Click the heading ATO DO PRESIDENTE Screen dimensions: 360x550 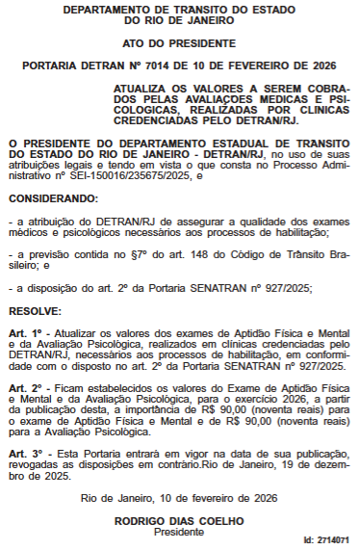coord(179,43)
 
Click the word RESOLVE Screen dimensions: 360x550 coord(35,313)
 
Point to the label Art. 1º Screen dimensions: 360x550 coord(23,332)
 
